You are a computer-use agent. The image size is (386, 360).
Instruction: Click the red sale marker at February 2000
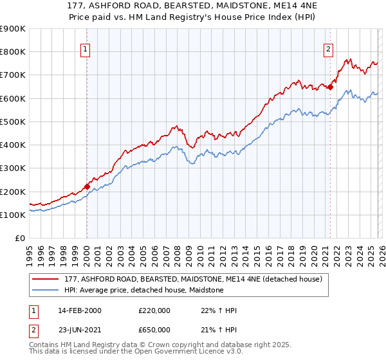87,187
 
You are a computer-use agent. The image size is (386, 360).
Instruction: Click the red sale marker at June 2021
330,87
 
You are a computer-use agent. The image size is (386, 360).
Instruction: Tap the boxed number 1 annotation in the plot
86,48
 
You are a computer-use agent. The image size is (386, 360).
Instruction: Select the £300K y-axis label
13,168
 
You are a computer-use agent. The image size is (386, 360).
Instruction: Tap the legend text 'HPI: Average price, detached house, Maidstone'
143,290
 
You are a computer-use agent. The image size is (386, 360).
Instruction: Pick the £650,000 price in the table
154,329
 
